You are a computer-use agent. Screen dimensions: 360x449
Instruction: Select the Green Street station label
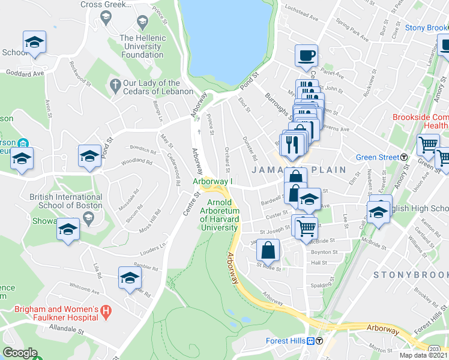pos(378,158)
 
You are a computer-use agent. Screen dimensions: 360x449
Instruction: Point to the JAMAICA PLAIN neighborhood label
pos(298,170)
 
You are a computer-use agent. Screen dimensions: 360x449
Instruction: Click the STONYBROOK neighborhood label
pos(410,274)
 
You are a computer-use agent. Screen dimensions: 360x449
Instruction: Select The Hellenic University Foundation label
pos(142,46)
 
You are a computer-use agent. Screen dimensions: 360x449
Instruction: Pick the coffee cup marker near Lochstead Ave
pos(306,56)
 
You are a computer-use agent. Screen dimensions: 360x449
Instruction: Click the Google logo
pos(20,353)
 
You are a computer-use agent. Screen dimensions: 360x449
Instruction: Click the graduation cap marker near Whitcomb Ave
pos(129,278)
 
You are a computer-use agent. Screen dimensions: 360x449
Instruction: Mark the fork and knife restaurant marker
pos(292,143)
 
